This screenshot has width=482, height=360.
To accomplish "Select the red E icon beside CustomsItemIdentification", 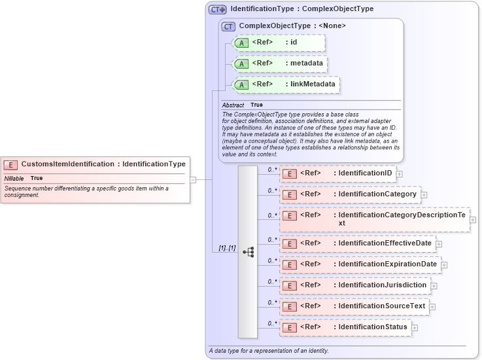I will pos(10,164).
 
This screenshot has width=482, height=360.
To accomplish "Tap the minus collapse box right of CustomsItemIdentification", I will pos(193,179).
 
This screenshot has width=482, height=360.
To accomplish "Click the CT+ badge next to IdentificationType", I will pos(218,10).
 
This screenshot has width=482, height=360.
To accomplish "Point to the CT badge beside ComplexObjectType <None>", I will pos(228,26).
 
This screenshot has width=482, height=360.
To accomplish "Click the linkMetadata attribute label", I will pos(313,84).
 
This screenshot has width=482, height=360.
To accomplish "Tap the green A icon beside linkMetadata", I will pos(241,84).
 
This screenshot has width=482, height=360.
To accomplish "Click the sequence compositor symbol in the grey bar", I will pos(248,252).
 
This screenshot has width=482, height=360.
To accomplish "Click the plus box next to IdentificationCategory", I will pos(424,194).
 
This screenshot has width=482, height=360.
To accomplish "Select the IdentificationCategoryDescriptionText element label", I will pos(402,219).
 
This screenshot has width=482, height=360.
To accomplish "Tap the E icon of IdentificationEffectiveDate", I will pos(290,243).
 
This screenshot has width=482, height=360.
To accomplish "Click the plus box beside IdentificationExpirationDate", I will pos(444,265).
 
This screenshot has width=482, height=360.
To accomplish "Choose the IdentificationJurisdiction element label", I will pos(382,285).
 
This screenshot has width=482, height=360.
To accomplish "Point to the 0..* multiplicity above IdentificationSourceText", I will pos(273,302).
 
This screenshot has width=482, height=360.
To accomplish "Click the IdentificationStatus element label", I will pos(372,327).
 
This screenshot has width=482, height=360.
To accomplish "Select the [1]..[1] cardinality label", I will pos(227,248).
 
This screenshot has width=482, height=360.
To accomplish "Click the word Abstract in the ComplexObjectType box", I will pos(233,105).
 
